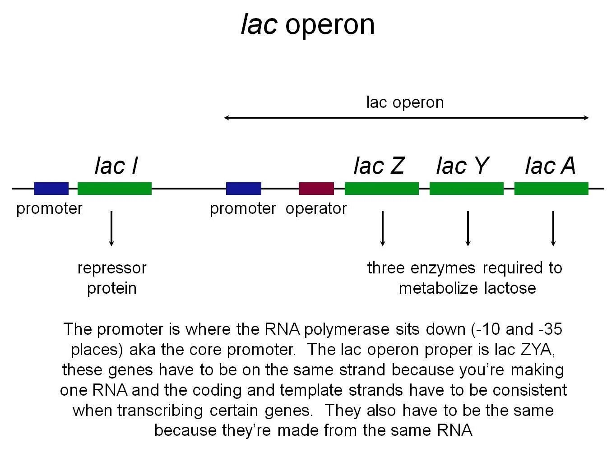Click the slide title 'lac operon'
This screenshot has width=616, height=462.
click(308, 24)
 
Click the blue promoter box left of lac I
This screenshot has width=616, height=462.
click(51, 189)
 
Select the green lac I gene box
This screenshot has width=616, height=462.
click(115, 189)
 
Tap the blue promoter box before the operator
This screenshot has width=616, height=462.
click(243, 189)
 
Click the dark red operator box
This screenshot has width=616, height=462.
click(316, 189)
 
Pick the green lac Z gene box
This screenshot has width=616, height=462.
click(381, 189)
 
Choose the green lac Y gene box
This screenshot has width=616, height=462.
click(466, 189)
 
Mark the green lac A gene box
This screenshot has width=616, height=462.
click(551, 189)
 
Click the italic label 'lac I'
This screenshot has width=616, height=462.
click(116, 166)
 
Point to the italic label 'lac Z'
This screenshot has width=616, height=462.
click(379, 166)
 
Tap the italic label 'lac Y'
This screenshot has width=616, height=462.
click(462, 166)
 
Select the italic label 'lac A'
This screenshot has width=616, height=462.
click(550, 166)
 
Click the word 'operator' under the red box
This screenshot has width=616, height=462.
click(316, 208)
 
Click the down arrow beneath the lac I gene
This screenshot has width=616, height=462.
click(111, 228)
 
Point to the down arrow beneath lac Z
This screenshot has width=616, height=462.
click(383, 228)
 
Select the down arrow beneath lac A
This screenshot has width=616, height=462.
click(553, 228)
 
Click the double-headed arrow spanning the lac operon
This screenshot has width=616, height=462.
click(406, 118)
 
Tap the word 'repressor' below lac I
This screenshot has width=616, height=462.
click(112, 268)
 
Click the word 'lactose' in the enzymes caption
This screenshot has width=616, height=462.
click(510, 288)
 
